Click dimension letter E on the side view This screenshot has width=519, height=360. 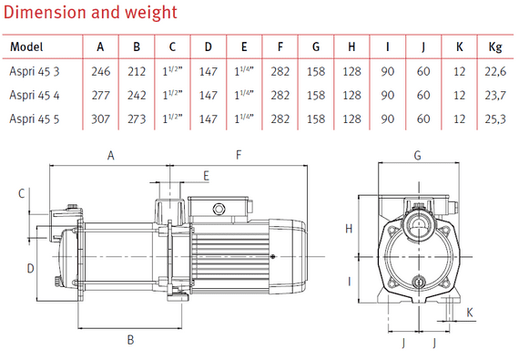click(206, 174)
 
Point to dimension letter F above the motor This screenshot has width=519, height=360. click(239, 156)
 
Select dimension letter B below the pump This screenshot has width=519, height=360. click(131, 340)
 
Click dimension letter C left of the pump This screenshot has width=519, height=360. click(21, 192)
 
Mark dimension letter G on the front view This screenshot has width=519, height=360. click(418, 156)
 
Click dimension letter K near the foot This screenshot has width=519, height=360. click(470, 313)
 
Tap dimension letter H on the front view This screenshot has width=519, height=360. click(349, 229)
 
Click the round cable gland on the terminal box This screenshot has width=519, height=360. click(219, 210)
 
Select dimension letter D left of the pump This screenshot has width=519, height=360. click(30, 268)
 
